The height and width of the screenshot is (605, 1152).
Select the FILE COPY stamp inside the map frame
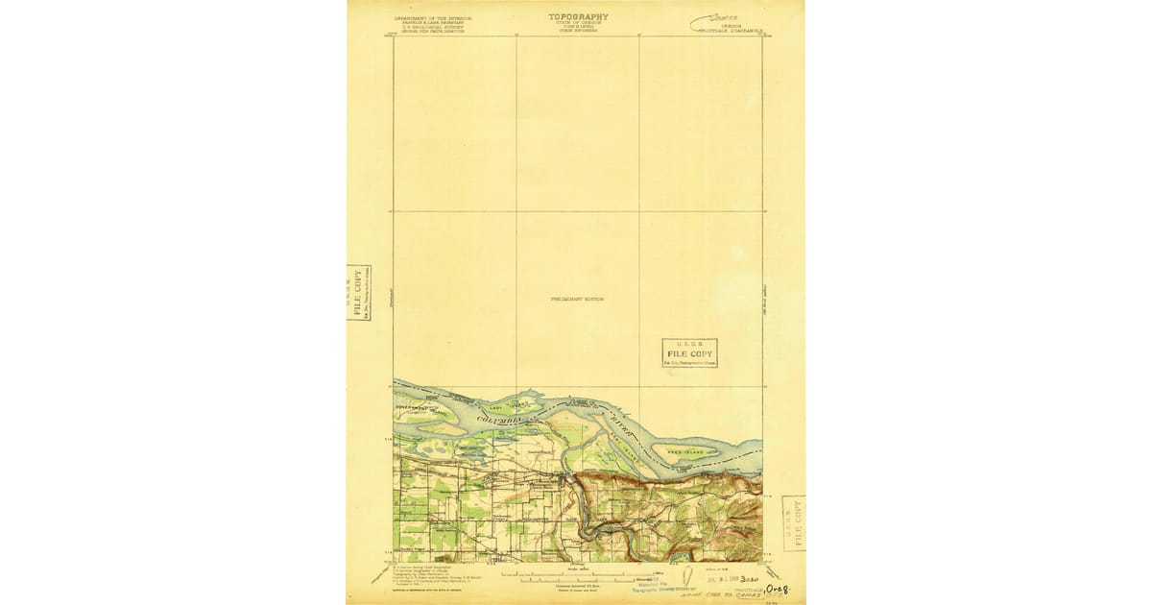(x=690, y=353)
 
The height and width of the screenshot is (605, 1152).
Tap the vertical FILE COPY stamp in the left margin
(x=359, y=293)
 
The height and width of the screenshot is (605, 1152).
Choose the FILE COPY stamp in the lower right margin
(x=793, y=523)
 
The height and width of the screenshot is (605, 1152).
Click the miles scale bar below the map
(x=576, y=579)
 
